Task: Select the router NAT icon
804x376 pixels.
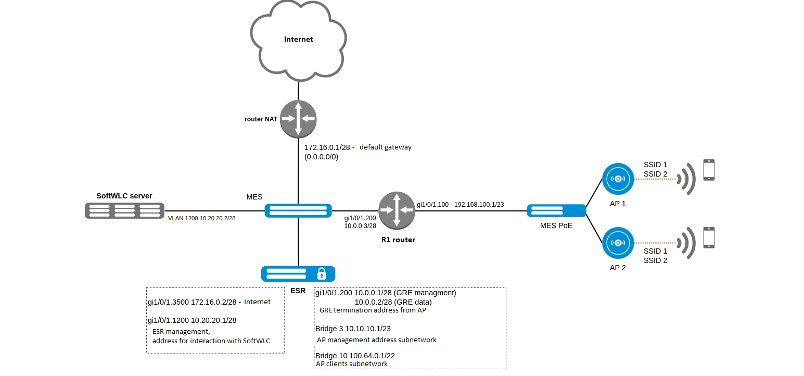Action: point(298,118)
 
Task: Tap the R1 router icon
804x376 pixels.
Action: point(397,210)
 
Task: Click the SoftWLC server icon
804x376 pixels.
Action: point(123,210)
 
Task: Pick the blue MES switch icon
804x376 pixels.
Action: point(298,210)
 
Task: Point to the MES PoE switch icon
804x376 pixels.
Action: point(556,210)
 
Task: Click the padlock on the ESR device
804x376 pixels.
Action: point(322,273)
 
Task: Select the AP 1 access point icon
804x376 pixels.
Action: point(618,179)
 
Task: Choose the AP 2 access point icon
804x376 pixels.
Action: point(618,243)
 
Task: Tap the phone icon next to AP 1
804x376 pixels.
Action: point(709,170)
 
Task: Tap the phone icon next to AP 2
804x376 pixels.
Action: point(709,237)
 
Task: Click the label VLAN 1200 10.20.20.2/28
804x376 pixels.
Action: point(201,219)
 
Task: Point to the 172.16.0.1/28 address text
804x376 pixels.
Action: point(329,147)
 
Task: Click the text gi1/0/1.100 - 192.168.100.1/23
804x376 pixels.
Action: point(460,205)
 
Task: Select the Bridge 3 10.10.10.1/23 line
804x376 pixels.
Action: point(353,329)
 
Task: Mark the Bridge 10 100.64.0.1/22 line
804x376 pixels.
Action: point(355,355)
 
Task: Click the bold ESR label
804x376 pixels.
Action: point(298,290)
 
